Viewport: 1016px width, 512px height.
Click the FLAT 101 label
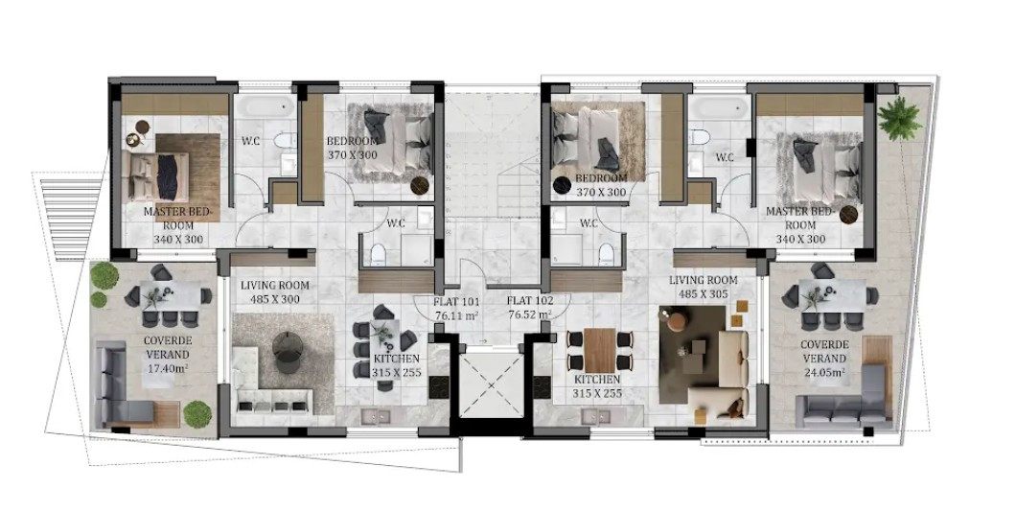(x=456, y=300)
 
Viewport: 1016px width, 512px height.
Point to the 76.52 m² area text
(x=529, y=314)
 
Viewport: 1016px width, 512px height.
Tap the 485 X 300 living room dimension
(x=274, y=299)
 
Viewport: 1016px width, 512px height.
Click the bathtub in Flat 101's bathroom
(x=262, y=107)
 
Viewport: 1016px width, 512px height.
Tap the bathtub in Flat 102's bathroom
(x=718, y=107)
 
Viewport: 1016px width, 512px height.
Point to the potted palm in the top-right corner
(x=900, y=117)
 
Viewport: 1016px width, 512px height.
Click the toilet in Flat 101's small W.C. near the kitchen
(x=380, y=253)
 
